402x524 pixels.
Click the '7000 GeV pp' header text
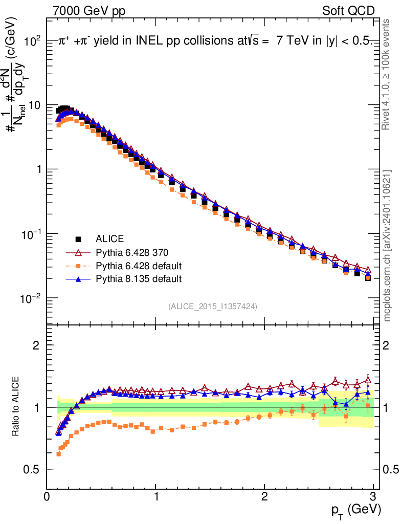[x=89, y=11]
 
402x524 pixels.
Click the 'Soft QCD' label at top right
[x=348, y=11]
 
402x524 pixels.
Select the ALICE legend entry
[x=109, y=238]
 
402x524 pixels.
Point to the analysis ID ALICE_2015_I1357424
[x=213, y=307]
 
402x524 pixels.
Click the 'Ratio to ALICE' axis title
[x=15, y=406]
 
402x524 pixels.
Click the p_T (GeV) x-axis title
[x=356, y=510]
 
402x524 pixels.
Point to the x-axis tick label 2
[x=264, y=496]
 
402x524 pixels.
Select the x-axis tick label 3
[x=373, y=496]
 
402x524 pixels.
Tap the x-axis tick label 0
[x=47, y=496]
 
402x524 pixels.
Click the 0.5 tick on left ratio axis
[x=31, y=469]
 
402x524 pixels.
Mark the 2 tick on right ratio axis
[x=386, y=345]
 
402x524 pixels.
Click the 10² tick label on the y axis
[x=32, y=41]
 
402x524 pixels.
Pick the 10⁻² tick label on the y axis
[x=31, y=298]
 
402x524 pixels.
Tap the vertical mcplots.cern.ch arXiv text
[x=387, y=246]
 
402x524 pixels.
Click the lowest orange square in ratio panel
[x=58, y=454]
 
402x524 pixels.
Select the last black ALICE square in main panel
[x=368, y=278]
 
